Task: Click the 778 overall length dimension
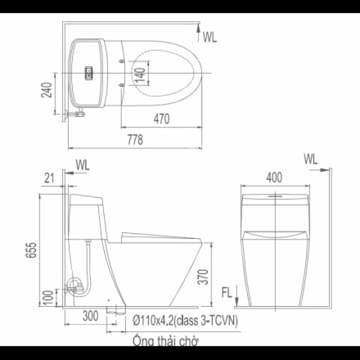click(135, 139)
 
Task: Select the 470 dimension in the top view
click(162, 119)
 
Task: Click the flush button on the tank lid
click(89, 73)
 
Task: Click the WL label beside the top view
click(210, 37)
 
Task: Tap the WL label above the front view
click(310, 159)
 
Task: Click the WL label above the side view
click(83, 165)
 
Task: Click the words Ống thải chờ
click(166, 340)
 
